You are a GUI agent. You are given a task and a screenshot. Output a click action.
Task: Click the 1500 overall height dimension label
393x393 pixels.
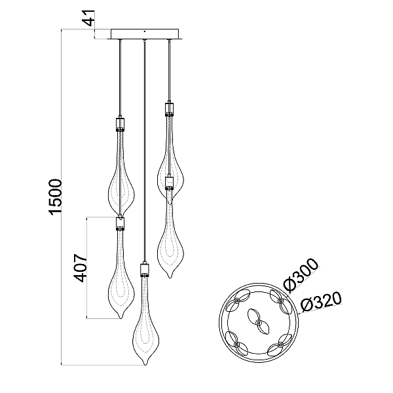click(56, 196)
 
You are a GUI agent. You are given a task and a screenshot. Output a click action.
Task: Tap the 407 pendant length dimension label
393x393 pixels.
click(81, 268)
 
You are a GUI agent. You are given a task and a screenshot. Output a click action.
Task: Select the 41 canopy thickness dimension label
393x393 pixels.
click(89, 18)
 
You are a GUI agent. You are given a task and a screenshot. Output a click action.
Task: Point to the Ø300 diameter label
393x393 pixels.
click(301, 275)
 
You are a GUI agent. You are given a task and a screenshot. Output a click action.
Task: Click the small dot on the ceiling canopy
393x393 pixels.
click(145, 31)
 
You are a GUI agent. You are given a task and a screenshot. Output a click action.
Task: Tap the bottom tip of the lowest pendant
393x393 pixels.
click(145, 365)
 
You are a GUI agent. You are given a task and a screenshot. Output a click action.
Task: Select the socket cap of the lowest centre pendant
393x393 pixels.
click(145, 269)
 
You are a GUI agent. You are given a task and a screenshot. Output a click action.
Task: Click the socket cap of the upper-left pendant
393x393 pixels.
click(120, 124)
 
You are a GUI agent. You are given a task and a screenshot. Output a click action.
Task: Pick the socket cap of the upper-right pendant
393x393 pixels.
click(169, 109)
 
